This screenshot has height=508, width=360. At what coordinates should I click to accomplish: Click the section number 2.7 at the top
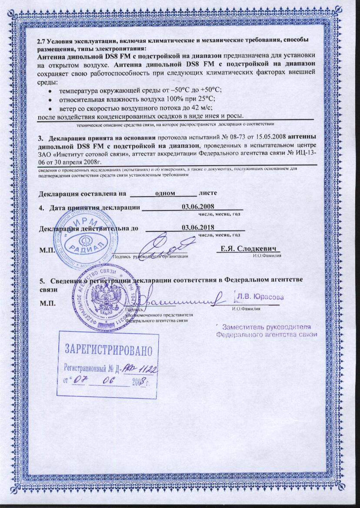coord(43,40)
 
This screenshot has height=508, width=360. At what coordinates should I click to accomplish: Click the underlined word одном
coord(165,192)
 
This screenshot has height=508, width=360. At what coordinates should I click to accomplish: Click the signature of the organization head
coord(167,246)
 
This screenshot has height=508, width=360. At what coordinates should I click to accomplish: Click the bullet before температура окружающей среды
coord(51,90)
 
